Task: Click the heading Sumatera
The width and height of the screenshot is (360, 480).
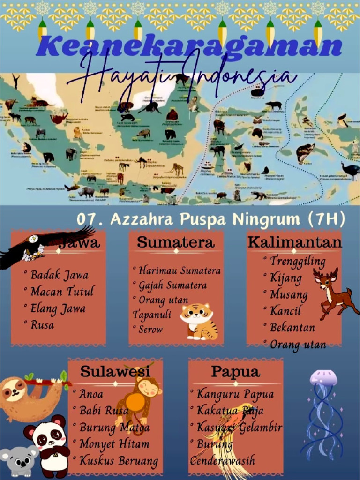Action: [x=175, y=242]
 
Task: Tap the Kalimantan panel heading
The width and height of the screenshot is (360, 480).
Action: [x=294, y=242]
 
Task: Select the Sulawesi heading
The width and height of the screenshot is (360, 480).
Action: [x=115, y=371]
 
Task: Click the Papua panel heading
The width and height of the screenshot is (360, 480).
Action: [x=235, y=372]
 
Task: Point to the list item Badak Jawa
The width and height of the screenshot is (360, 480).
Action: [x=59, y=275]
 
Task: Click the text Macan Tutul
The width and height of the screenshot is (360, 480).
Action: [x=62, y=292]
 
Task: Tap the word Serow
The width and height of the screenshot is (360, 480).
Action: [x=150, y=329]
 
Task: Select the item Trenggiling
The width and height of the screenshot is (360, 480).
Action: [x=297, y=261]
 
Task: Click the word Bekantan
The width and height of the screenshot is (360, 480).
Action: [x=292, y=327]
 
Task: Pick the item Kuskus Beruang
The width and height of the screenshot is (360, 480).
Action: [x=118, y=460]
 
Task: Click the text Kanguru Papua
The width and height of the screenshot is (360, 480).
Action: [x=235, y=394]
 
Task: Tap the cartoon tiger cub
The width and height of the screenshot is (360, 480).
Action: [x=199, y=321]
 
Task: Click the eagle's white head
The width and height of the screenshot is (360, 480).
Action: [x=33, y=239]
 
